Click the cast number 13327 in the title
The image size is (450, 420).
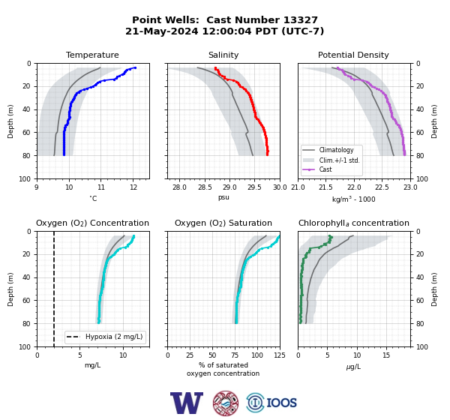(301, 20)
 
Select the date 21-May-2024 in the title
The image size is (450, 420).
(161, 31)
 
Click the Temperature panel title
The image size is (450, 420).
(92, 55)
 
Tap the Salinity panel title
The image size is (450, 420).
(223, 55)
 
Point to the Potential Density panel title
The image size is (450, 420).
(353, 55)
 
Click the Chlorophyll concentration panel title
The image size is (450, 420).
(354, 223)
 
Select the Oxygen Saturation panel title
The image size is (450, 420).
(223, 223)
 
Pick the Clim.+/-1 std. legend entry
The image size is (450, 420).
(331, 160)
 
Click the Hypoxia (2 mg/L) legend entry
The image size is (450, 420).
(104, 337)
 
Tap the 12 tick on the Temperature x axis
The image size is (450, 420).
(133, 187)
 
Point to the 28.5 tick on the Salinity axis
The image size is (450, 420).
(205, 187)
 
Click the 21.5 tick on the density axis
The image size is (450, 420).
(325, 187)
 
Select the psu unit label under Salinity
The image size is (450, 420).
(223, 197)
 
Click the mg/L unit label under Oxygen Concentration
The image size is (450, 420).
(92, 365)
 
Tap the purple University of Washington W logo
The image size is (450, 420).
(187, 403)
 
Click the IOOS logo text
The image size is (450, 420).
(281, 403)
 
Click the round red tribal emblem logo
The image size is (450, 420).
(226, 403)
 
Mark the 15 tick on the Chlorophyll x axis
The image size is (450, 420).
(386, 355)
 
